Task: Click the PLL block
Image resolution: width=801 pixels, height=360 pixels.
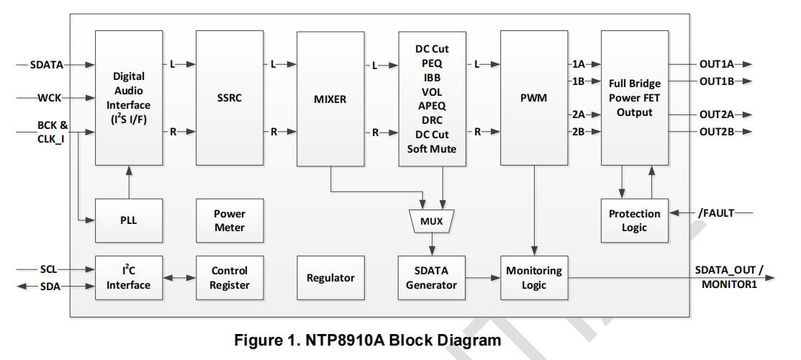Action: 129,220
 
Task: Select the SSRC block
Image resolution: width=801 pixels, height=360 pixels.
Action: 230,98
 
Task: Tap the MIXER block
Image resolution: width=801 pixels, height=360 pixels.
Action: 330,98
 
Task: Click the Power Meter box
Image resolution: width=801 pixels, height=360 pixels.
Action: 230,220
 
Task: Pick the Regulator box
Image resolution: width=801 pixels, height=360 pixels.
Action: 330,278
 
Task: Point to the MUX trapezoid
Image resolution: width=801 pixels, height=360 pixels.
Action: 431,221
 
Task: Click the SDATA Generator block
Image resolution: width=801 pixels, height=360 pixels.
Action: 431,278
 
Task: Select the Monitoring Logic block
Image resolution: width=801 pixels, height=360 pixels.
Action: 533,278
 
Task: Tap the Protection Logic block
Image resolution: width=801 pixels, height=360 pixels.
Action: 634,220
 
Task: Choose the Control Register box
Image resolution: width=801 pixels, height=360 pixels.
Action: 230,278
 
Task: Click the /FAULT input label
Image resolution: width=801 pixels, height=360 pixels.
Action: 716,213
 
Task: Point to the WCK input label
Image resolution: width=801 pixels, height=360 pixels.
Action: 50,97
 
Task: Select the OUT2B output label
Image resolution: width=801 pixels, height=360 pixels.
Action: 716,131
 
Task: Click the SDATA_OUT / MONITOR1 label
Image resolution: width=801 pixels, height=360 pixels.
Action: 729,277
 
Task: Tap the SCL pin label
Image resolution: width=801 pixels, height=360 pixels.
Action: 48,270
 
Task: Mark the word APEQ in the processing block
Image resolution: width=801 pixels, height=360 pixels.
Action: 432,106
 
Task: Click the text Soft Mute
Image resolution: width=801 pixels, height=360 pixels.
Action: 432,149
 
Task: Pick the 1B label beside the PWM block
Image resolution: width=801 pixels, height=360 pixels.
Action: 578,81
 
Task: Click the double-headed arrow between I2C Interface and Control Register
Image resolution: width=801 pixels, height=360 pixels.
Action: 179,278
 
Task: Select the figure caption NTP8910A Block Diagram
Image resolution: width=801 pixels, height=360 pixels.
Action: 367,341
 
